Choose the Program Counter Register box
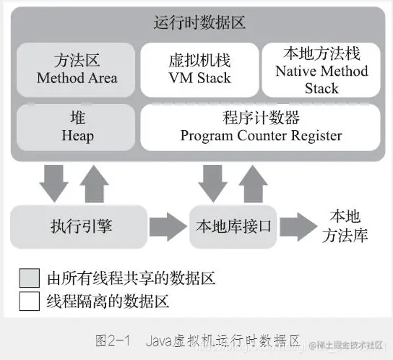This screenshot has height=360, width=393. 261,127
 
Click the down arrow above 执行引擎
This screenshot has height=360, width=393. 55,183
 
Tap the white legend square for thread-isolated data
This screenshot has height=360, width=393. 30,301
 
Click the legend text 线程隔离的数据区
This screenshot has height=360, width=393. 108,301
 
